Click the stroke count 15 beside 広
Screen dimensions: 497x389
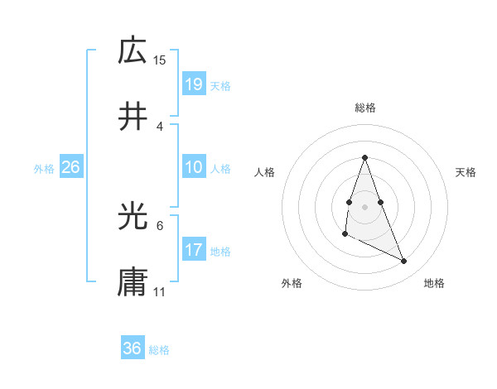point(160,60)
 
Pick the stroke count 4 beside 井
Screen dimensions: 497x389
point(160,126)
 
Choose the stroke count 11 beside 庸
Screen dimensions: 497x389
point(160,292)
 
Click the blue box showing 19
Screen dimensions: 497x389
point(194,84)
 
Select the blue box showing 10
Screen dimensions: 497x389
point(194,167)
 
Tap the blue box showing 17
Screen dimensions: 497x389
point(194,250)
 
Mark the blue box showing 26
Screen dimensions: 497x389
point(70,167)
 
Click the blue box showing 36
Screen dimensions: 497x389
point(133,348)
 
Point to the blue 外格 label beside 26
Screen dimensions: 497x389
point(44,168)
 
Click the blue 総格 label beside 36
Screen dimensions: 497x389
point(159,349)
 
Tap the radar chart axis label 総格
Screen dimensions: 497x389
point(364,108)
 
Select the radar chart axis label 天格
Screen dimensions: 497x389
point(466,172)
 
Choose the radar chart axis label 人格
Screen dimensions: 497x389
point(264,172)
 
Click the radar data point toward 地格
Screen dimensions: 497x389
point(404,262)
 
